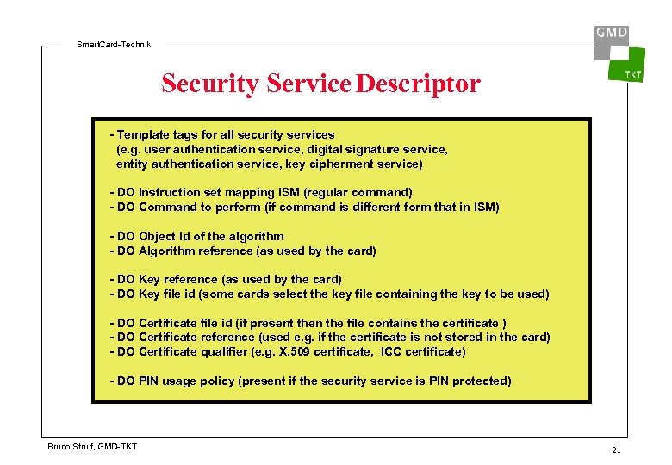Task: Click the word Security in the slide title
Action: pos(210,84)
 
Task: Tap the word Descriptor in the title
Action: pos(418,84)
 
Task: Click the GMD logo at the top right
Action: pos(611,34)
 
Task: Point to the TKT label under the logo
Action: pos(632,75)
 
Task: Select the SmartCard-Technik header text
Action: pos(113,44)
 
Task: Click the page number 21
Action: pos(616,450)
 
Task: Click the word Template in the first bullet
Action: pos(142,135)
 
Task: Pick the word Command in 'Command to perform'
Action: pos(168,208)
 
